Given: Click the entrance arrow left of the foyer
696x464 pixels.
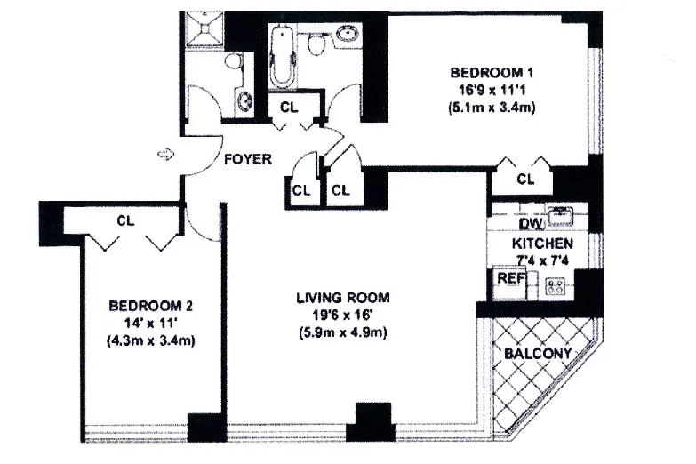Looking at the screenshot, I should (x=164, y=156).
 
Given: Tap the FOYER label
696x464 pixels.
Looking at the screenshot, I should (x=246, y=160).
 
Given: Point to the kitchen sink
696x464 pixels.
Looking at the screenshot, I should (x=561, y=215).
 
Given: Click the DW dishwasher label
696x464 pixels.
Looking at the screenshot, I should (x=507, y=224).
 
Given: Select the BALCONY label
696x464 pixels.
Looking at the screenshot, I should (x=537, y=353).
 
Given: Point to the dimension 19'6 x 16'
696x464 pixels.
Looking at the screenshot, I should (x=342, y=316).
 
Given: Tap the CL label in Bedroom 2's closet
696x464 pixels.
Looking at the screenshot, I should (x=124, y=220).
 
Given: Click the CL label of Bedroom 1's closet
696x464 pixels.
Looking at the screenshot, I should (x=525, y=180).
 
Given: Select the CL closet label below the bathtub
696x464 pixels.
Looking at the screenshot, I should (x=289, y=107).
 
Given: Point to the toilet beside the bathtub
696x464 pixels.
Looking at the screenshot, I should (x=315, y=44).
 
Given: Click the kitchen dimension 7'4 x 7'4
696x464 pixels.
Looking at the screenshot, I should (x=541, y=260).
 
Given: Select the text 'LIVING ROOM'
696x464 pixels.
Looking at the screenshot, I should (x=342, y=298).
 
